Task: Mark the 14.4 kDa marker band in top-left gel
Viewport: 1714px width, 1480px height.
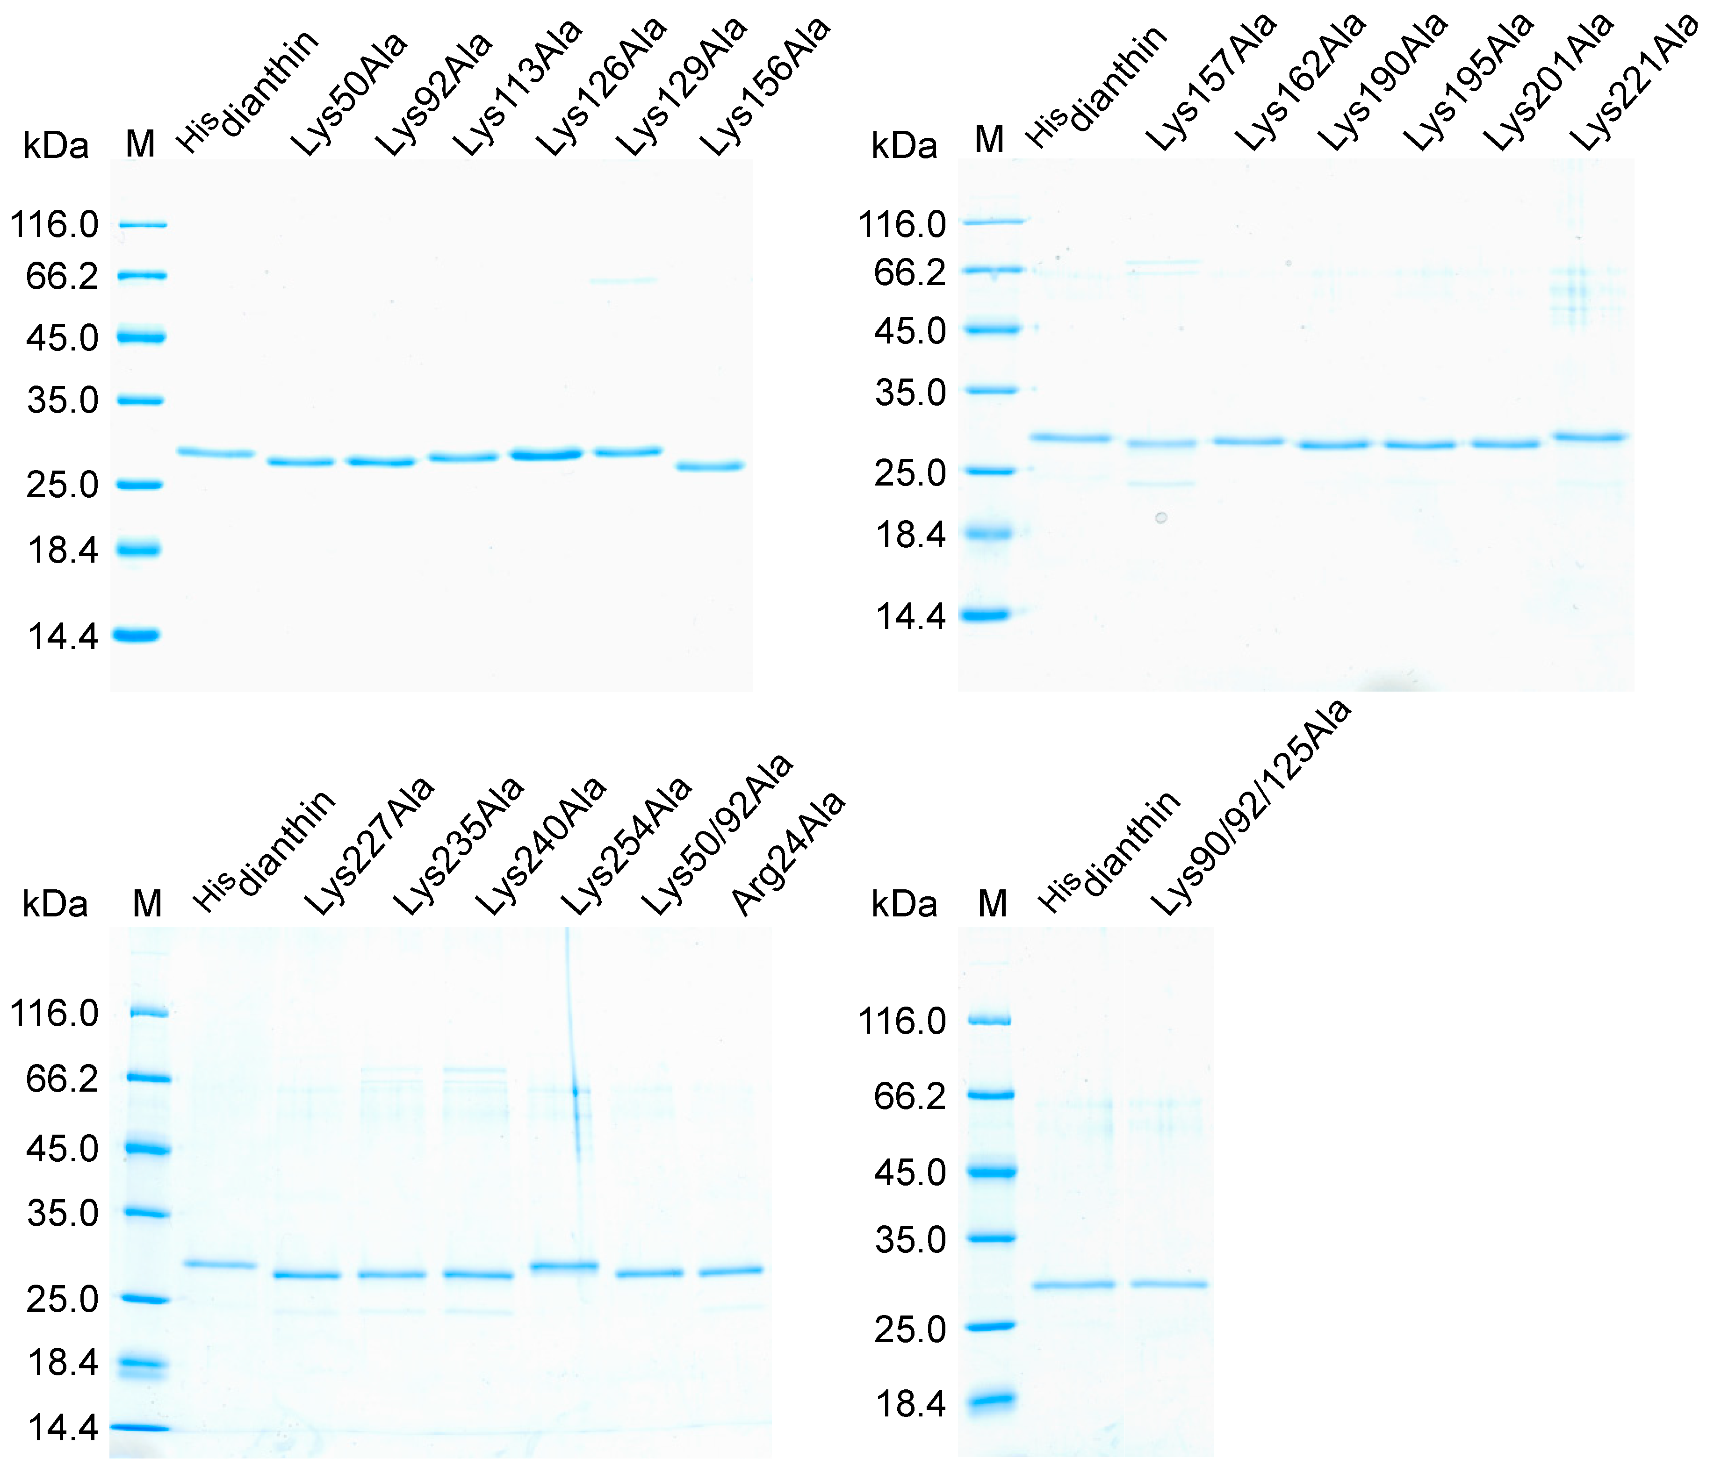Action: tap(137, 635)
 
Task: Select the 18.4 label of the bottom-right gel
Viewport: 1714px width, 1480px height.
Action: tap(910, 1404)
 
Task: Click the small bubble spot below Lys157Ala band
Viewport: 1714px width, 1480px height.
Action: tap(1161, 518)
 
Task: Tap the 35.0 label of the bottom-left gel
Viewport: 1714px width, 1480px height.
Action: tap(63, 1214)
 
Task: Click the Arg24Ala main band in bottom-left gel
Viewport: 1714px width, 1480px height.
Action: tap(731, 1271)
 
